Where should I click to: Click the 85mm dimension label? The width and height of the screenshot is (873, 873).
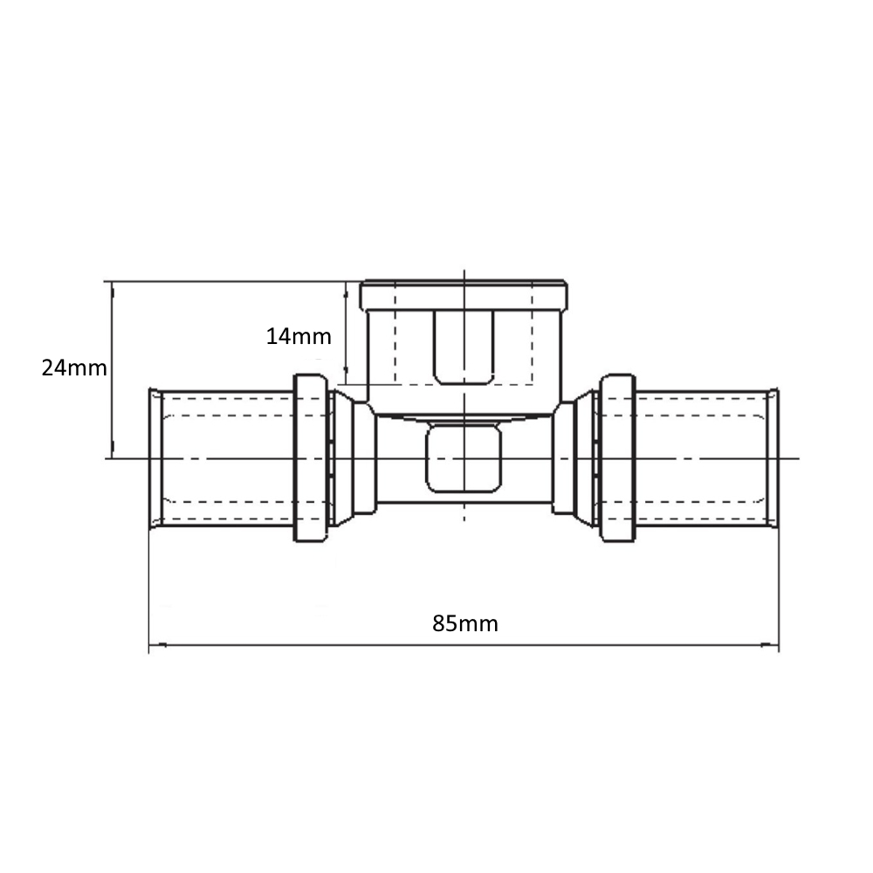[x=465, y=623]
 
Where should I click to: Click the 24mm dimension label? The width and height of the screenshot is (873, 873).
[x=74, y=368]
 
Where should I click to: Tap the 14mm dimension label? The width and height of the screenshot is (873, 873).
[x=299, y=336]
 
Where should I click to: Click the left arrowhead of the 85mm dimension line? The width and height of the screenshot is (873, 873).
[x=157, y=645]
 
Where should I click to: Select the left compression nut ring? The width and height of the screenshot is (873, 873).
[x=310, y=457]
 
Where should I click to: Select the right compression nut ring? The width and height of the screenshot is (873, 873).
[x=617, y=457]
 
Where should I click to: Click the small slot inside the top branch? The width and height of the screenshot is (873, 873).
[x=464, y=347]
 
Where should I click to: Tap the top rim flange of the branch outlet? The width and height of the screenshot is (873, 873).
[x=464, y=296]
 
